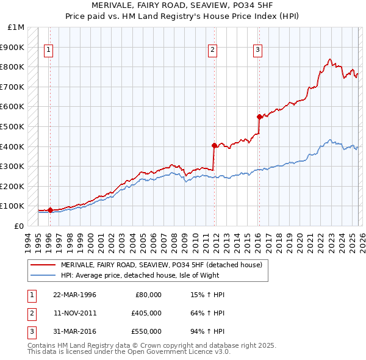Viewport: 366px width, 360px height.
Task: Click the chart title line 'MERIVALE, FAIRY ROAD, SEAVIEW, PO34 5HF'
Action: click(183, 5)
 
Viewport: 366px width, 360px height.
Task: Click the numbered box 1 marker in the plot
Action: click(48, 51)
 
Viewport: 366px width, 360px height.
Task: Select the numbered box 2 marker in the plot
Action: click(212, 51)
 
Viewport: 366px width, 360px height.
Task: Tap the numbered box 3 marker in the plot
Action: click(258, 51)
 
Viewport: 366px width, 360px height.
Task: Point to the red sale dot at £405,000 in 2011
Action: click(214, 145)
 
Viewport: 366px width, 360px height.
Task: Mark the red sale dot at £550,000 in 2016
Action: click(259, 117)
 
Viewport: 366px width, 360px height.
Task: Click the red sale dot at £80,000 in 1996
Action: click(50, 210)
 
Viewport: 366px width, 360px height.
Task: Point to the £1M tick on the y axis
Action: click(16, 27)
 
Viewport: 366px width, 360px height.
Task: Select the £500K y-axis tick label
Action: click(13, 126)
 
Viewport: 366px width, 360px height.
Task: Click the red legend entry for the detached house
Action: click(161, 265)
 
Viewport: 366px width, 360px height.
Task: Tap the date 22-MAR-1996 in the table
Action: click(74, 295)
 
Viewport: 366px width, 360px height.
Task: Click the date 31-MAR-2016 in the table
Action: click(74, 331)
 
